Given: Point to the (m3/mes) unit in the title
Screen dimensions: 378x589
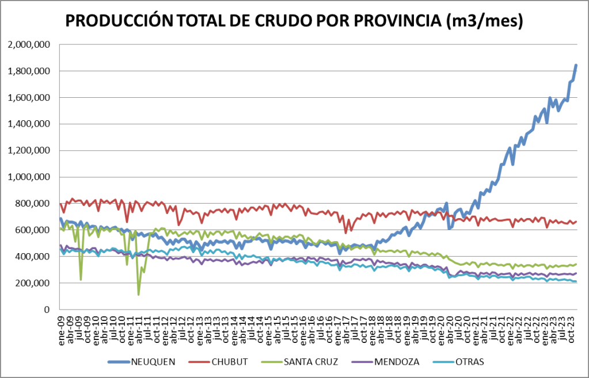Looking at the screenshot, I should [x=485, y=21].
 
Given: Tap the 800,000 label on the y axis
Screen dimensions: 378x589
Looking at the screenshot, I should [x=33, y=204].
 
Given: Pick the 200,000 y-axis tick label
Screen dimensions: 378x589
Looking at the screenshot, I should [x=33, y=283].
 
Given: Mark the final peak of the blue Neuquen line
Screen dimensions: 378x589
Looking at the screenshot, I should [x=576, y=66].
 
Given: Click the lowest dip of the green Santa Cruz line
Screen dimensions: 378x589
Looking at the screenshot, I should [x=139, y=294].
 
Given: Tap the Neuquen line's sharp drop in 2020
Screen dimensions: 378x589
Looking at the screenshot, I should [x=449, y=228].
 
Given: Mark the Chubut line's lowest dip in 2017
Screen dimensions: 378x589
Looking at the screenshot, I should [x=345, y=232].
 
